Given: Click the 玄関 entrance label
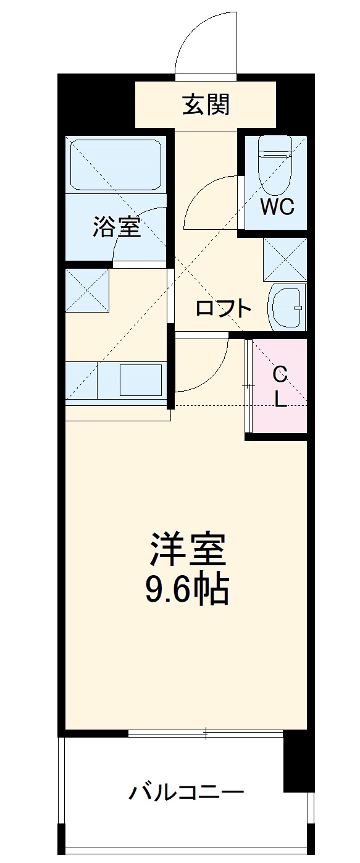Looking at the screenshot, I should (206, 105).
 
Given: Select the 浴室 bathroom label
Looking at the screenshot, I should (117, 227).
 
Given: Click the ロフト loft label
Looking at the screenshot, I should (224, 308).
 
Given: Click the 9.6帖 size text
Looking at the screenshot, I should (186, 591).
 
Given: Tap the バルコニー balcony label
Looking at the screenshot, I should (186, 791).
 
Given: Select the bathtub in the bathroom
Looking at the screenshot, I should (115, 164).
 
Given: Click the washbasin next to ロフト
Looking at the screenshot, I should (287, 307).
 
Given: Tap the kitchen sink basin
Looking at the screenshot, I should (140, 380).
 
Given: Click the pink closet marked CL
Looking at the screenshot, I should (280, 386).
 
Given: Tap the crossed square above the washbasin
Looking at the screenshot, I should (285, 258).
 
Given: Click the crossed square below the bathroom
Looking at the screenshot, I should (88, 290).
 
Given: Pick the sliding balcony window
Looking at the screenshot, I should (205, 734).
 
